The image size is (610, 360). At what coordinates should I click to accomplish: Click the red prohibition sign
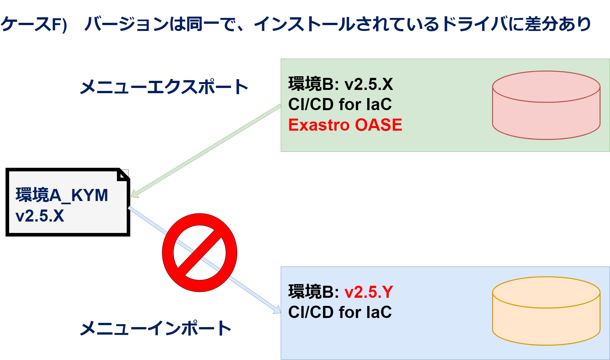(x=199, y=252)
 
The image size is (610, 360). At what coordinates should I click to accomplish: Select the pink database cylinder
(x=546, y=105)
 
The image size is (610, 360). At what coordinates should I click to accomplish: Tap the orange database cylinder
(x=546, y=311)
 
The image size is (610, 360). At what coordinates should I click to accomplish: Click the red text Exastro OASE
(x=345, y=125)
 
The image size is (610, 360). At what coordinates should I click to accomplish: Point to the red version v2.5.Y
(x=369, y=292)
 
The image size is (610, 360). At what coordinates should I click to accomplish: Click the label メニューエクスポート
(x=164, y=87)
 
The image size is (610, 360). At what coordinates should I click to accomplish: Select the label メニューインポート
(x=156, y=328)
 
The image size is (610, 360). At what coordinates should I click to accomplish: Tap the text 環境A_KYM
(x=62, y=195)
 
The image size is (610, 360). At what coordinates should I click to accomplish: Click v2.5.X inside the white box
(x=40, y=216)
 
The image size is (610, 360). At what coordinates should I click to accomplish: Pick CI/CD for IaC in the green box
(x=340, y=104)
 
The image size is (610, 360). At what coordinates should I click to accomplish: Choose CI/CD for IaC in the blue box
(x=340, y=312)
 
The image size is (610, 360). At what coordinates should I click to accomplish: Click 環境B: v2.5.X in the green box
(x=340, y=84)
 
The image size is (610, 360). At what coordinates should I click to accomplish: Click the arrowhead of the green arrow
(x=135, y=194)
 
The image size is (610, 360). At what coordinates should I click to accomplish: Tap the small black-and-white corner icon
(x=123, y=175)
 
